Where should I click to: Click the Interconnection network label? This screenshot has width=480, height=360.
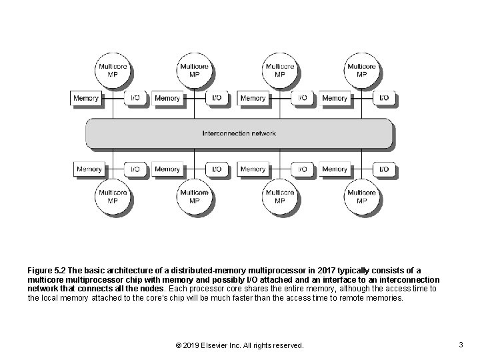[x=239, y=133]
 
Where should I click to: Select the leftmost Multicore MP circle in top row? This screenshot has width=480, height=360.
[x=112, y=70]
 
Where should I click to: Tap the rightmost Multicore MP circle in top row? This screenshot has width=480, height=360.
[x=361, y=70]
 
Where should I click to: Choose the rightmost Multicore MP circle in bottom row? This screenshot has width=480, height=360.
[x=361, y=196]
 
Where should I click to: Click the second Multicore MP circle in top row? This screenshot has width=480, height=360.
[x=194, y=70]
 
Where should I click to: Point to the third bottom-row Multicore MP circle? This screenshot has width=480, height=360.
[x=279, y=196]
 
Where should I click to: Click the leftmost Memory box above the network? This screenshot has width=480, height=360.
[x=86, y=98]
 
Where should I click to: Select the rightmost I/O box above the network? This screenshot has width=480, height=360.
[x=383, y=98]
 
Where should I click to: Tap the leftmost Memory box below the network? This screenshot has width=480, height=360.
[x=89, y=169]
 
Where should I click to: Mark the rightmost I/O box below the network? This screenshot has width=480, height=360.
[x=383, y=169]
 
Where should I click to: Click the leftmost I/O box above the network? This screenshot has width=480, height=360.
[x=135, y=98]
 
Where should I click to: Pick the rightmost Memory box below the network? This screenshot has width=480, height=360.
[x=335, y=169]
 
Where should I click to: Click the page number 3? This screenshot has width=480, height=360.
[x=461, y=345]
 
